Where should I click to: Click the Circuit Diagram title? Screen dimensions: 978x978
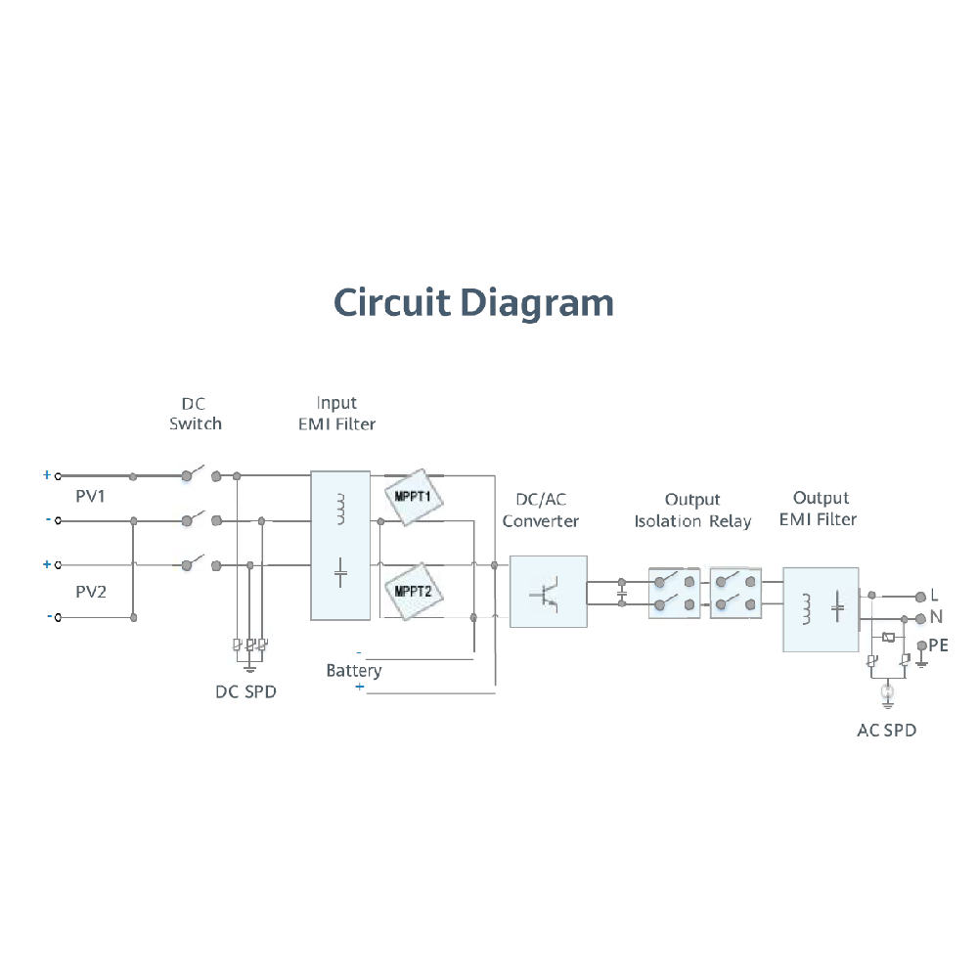(x=474, y=302)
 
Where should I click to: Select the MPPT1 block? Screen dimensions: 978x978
(x=414, y=496)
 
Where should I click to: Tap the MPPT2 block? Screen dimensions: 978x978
(x=414, y=590)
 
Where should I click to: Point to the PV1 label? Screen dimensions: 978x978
(x=90, y=497)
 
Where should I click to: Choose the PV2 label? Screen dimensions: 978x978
(x=90, y=593)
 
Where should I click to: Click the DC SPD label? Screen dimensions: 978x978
(x=245, y=691)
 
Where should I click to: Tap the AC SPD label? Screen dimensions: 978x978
(x=886, y=730)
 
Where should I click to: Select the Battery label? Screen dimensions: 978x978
(x=353, y=671)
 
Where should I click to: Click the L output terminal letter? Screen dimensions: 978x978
(x=934, y=595)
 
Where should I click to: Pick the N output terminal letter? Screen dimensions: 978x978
(x=935, y=618)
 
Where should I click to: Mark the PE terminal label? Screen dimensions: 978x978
(x=938, y=645)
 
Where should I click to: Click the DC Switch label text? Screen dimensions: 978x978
(x=195, y=414)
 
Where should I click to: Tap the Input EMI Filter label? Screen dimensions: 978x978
(x=336, y=414)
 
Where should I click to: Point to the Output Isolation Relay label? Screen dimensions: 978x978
(x=692, y=511)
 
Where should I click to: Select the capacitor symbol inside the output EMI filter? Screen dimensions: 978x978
(x=837, y=607)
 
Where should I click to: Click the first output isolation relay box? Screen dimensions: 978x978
(x=676, y=592)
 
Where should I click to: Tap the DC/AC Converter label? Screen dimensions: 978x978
(x=540, y=511)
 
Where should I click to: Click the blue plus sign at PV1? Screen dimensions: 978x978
(x=46, y=475)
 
